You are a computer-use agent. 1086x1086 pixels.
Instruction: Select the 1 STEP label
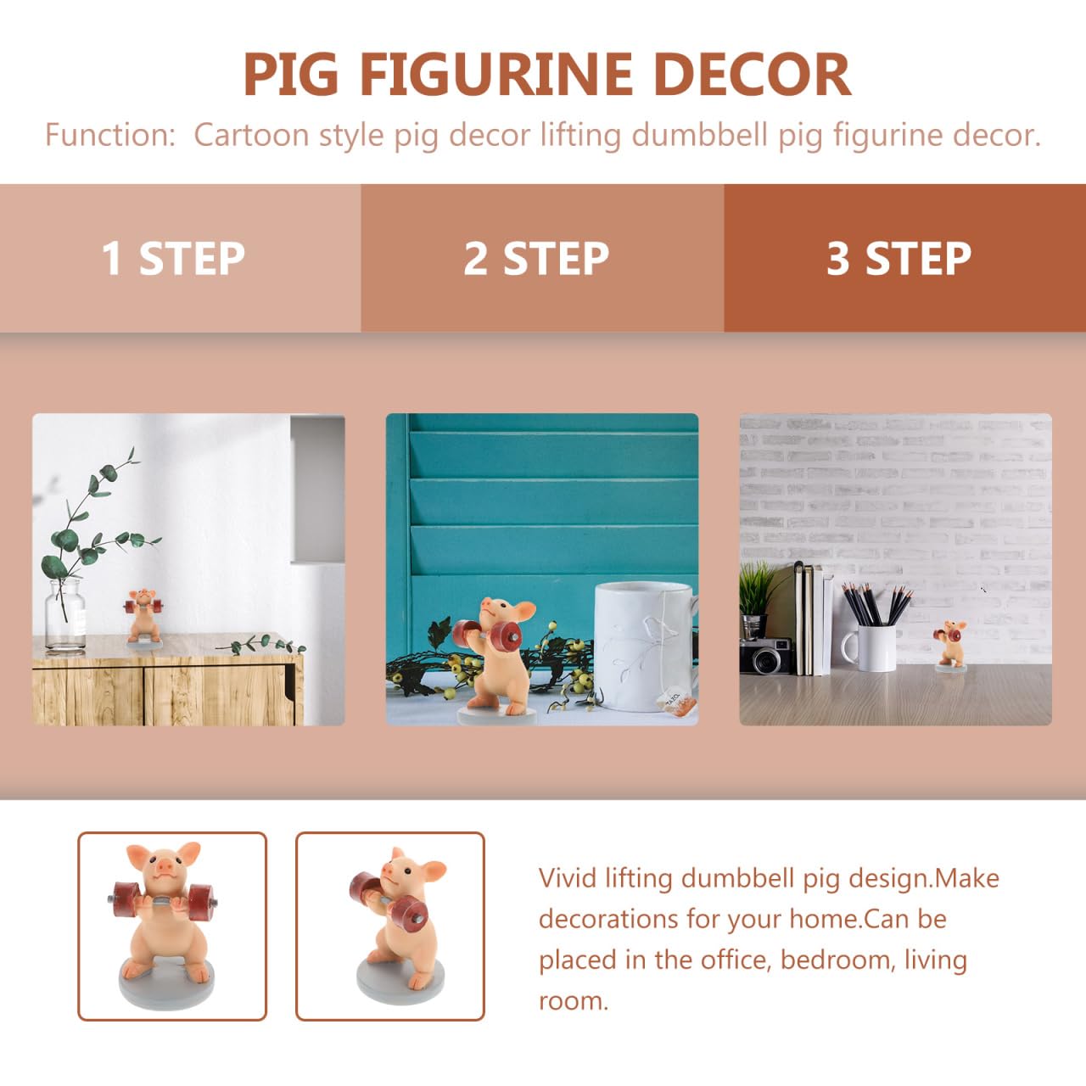(173, 258)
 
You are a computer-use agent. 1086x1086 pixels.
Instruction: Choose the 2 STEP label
(536, 258)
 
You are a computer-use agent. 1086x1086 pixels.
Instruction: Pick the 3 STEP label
(898, 258)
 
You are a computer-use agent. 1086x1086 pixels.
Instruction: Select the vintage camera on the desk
(766, 656)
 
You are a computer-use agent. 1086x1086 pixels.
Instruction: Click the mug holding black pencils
(869, 648)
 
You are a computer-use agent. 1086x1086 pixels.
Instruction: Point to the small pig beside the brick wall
(950, 646)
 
